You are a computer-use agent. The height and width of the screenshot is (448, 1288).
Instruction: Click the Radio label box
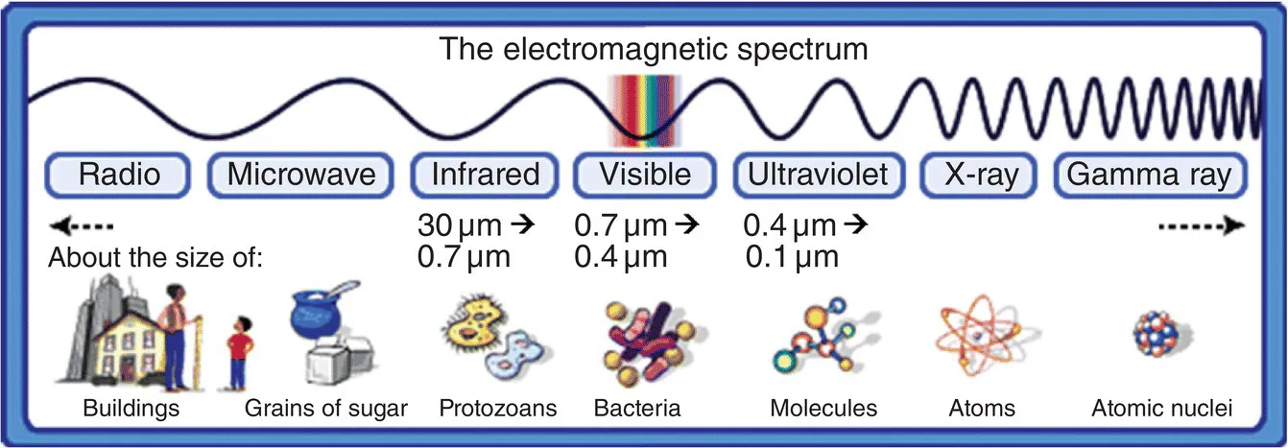pyautogui.click(x=119, y=176)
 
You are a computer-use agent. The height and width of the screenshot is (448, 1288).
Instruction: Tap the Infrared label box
pyautogui.click(x=486, y=176)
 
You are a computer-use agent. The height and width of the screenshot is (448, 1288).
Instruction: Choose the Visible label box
pyautogui.click(x=645, y=176)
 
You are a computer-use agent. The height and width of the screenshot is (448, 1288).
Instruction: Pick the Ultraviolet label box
pyautogui.click(x=819, y=176)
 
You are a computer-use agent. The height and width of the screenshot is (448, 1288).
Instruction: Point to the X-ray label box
pyautogui.click(x=981, y=176)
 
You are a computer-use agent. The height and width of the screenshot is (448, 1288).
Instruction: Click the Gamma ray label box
pyautogui.click(x=1150, y=176)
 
